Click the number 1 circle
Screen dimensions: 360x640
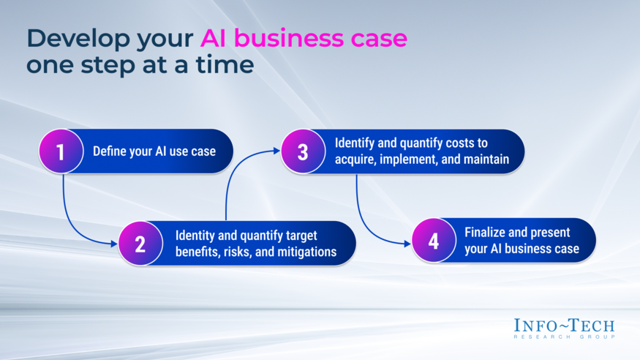[61, 152]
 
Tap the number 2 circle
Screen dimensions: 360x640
[140, 244]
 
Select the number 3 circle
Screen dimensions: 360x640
[303, 152]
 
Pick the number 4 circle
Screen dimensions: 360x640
[434, 241]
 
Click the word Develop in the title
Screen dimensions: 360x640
[70, 38]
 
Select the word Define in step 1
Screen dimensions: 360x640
[109, 152]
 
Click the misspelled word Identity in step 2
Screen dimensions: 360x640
[195, 236]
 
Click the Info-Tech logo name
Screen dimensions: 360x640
[564, 326]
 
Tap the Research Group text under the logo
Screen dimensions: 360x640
[564, 337]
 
